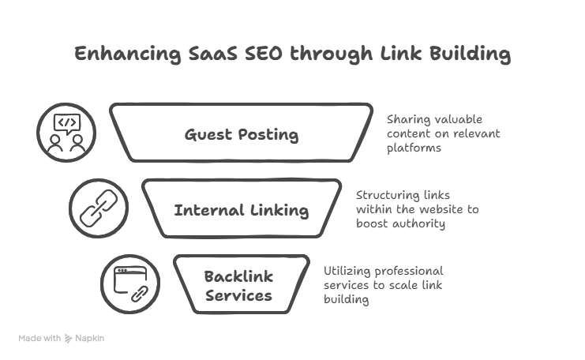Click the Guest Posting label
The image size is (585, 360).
click(x=242, y=135)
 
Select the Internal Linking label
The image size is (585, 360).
click(x=242, y=211)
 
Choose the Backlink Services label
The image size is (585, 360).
click(x=238, y=286)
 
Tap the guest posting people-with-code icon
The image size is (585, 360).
click(x=66, y=132)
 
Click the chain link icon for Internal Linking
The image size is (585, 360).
click(x=98, y=208)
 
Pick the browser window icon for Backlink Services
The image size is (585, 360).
click(x=129, y=283)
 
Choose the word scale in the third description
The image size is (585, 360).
click(x=417, y=285)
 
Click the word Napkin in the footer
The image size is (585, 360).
click(x=90, y=338)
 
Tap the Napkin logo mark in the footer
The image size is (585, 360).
click(x=69, y=338)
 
